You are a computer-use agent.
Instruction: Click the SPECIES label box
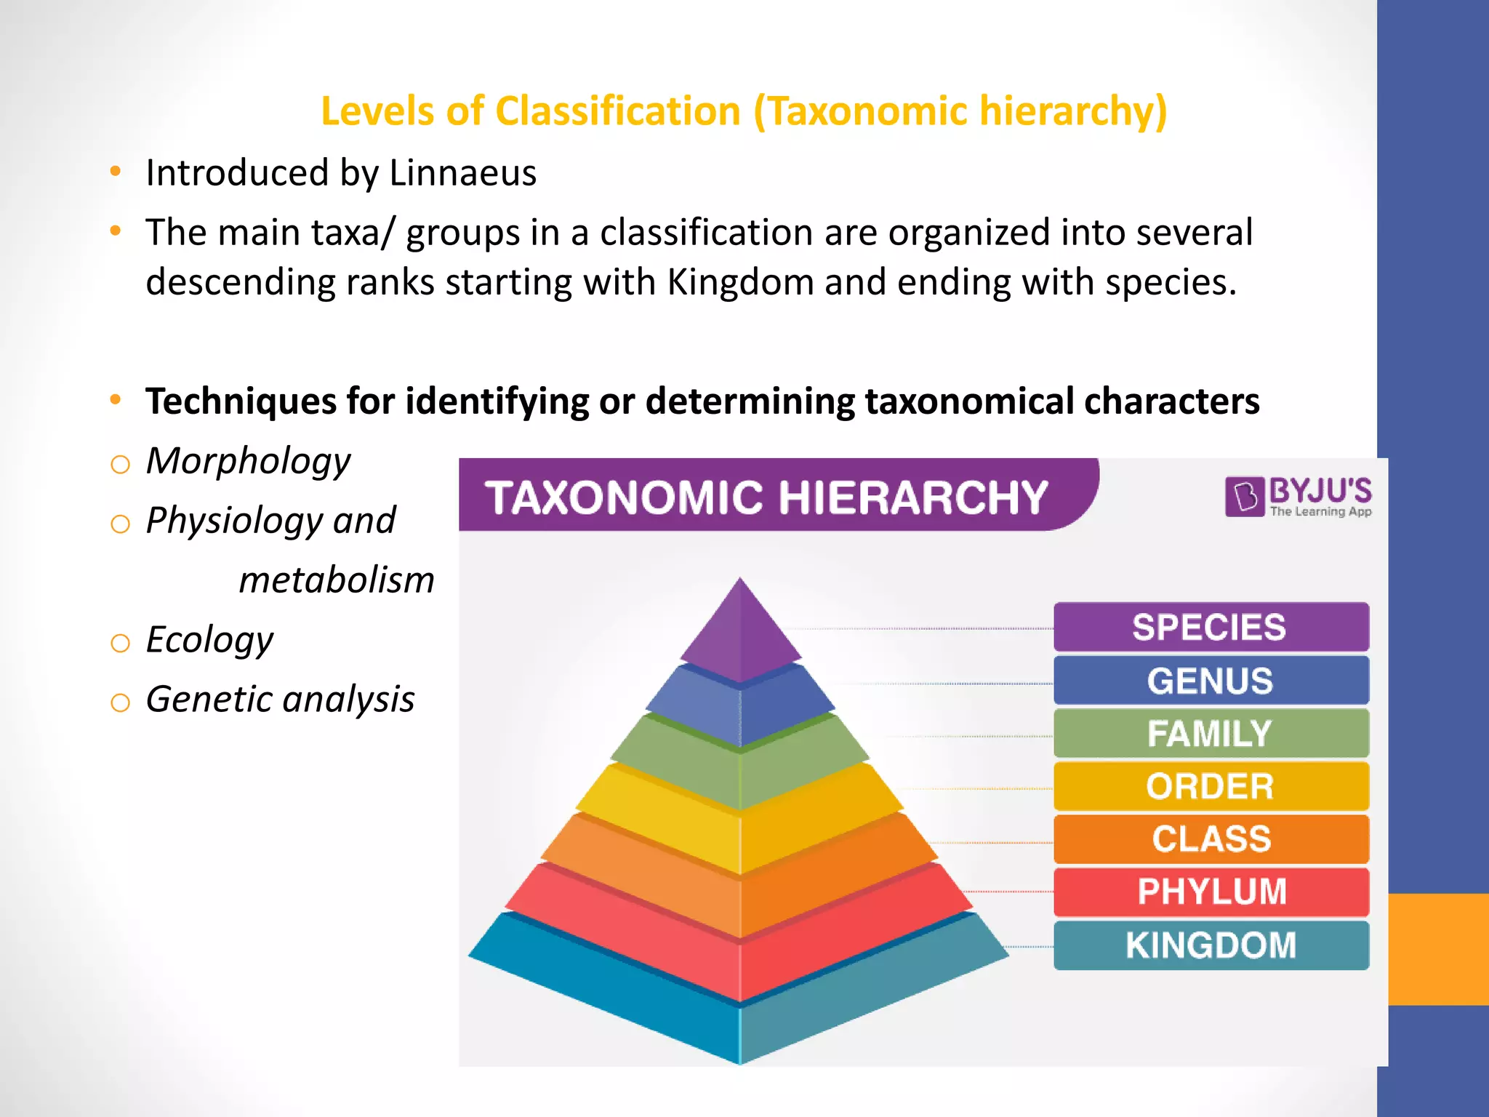1211,627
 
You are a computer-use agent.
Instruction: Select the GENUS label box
1211,681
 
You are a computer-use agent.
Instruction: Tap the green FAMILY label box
1211,733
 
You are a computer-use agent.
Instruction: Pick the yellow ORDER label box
1211,786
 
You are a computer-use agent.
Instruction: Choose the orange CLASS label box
1211,839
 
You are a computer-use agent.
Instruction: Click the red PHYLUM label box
1211,892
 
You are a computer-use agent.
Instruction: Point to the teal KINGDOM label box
1211,945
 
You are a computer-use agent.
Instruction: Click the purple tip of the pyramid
740,633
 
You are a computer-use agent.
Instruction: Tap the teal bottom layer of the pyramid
740,1018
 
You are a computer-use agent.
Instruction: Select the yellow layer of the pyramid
740,822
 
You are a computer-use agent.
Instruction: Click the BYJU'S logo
1299,497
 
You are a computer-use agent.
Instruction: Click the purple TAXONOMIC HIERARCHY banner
767,497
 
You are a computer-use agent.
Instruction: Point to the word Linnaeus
462,173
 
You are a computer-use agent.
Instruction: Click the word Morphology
248,462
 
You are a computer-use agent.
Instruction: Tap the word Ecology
209,641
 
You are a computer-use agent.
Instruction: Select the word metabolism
337,580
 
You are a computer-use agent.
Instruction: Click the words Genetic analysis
280,700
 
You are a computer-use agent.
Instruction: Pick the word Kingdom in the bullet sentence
740,282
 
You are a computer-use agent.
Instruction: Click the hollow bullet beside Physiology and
120,524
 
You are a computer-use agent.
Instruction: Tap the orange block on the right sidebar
1438,949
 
